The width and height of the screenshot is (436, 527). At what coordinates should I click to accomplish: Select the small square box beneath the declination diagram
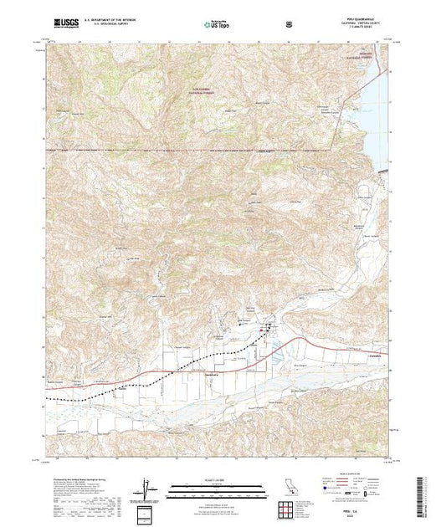[148, 513]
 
